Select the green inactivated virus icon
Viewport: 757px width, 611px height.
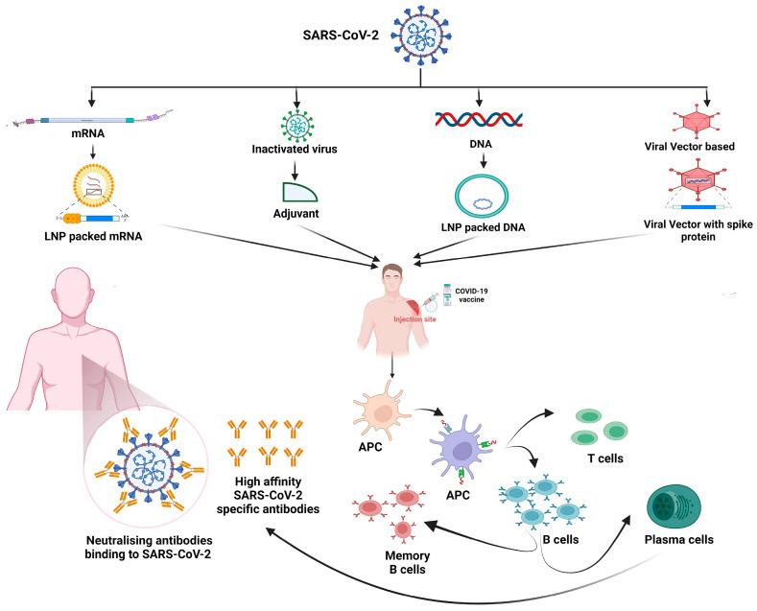click(x=299, y=128)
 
